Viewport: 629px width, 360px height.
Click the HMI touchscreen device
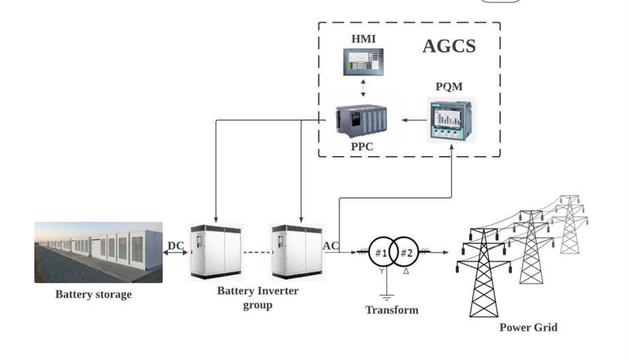pos(363,61)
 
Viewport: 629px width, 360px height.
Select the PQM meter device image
pos(451,119)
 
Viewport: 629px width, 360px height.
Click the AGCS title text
pos(448,46)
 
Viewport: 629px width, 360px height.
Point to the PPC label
pos(360,147)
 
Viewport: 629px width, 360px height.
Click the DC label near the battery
pos(176,245)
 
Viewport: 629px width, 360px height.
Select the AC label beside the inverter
pos(332,245)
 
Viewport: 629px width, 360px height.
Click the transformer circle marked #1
pos(383,253)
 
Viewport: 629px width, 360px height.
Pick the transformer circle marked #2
pos(407,253)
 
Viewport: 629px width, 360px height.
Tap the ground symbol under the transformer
pos(387,296)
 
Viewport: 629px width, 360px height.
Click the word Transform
pos(392,310)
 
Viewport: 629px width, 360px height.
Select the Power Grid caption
pos(528,327)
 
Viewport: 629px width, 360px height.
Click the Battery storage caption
pos(93,295)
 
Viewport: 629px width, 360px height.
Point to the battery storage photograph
pos(98,252)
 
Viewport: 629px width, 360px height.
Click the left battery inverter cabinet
pos(216,252)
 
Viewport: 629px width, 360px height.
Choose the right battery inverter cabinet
pos(298,252)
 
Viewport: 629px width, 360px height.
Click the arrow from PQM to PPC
pos(413,120)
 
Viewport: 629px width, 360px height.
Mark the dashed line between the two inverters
pos(257,253)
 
